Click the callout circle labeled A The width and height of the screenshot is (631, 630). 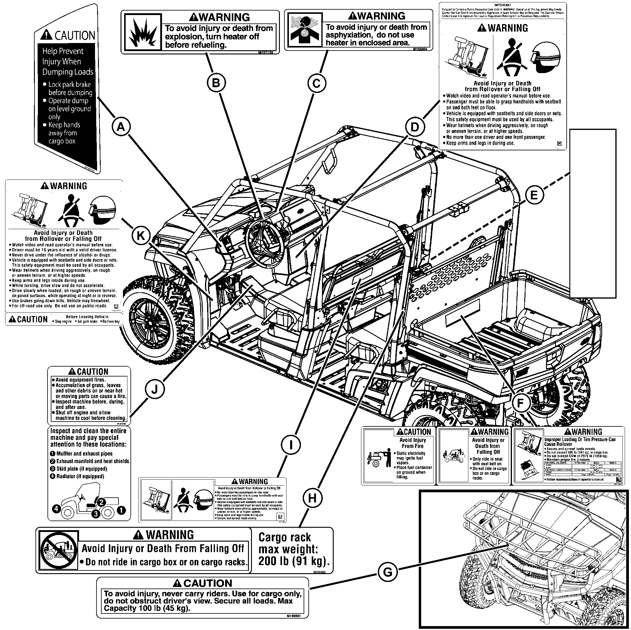pos(121,127)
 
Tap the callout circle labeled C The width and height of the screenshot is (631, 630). pos(317,84)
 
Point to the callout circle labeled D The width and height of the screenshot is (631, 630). pos(415,127)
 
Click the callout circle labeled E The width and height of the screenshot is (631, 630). pos(534,195)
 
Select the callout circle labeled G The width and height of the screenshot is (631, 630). pos(387,572)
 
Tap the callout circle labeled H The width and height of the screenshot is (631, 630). pos(312,498)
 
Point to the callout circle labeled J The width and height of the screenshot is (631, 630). pos(155,389)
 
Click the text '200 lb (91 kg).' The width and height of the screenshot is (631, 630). pos(294,561)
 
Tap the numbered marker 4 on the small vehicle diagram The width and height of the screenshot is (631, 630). pos(57,509)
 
